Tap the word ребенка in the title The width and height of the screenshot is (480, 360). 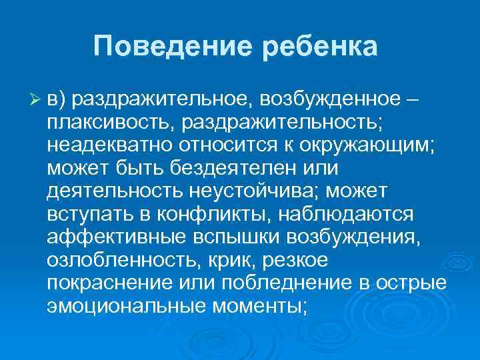321,46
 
